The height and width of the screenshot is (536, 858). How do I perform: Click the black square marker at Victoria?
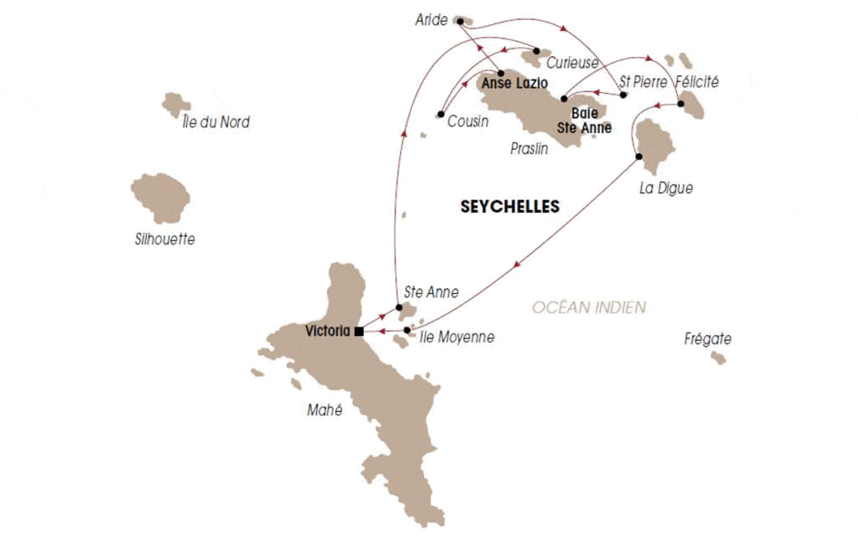[x=359, y=331]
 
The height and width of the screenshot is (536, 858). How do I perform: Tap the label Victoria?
[x=328, y=330]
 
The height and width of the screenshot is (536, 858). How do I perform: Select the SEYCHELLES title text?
[x=509, y=207]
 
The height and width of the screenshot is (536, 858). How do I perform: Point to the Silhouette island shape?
[x=161, y=198]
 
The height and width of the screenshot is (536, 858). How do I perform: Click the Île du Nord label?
[x=215, y=122]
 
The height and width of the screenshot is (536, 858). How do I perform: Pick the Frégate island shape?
[x=718, y=358]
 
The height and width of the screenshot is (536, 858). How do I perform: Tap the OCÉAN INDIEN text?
[x=590, y=307]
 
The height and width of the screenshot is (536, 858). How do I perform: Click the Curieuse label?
[x=572, y=63]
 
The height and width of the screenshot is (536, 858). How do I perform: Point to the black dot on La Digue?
[x=638, y=157]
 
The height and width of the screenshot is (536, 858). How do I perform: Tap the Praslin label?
[x=529, y=148]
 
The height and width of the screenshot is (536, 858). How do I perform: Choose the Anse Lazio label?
[x=514, y=84]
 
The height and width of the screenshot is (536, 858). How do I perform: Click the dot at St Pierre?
[x=624, y=95]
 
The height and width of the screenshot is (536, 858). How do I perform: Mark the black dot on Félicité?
[x=680, y=104]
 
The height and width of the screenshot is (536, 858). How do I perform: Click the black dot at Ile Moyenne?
[x=407, y=331]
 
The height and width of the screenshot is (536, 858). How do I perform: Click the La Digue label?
[x=665, y=188]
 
